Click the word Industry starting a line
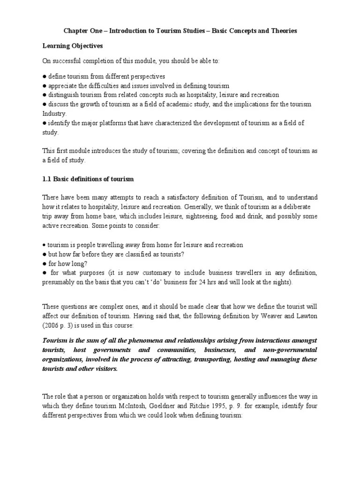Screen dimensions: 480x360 (x=55, y=113)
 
